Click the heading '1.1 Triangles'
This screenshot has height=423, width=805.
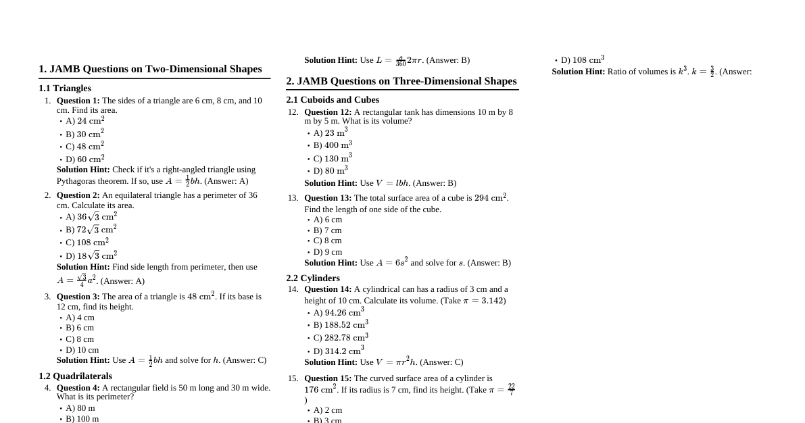click(65, 89)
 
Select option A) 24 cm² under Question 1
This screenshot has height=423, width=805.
click(84, 121)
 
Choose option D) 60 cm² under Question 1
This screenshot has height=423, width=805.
click(84, 159)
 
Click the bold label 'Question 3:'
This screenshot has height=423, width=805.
click(78, 297)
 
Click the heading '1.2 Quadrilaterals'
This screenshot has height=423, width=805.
click(75, 376)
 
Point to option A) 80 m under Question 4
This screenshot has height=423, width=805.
click(80, 408)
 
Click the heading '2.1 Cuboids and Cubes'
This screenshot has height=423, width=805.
click(333, 100)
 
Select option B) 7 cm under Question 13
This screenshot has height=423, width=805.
click(327, 230)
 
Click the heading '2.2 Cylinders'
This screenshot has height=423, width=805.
click(313, 278)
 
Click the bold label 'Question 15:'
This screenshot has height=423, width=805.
click(328, 378)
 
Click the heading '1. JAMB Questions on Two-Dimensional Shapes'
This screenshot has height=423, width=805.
click(150, 69)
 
